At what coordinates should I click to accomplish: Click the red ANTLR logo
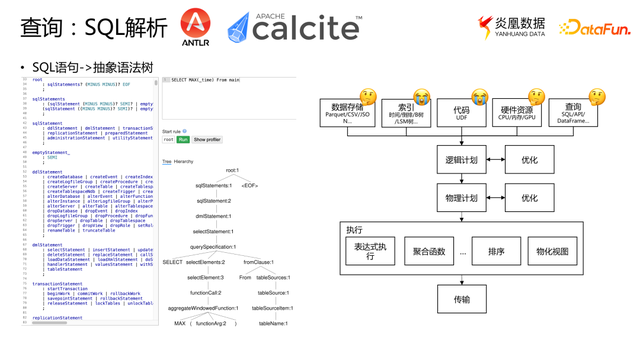[x=196, y=28]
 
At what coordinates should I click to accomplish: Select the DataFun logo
[x=594, y=28]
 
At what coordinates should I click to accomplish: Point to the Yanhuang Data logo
[x=512, y=28]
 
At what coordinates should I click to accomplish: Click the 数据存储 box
[x=347, y=113]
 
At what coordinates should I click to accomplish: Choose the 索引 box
[x=406, y=113]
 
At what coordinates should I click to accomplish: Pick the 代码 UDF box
[x=461, y=113]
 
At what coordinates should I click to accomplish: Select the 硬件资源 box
[x=517, y=113]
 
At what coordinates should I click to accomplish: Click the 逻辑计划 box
[x=461, y=160]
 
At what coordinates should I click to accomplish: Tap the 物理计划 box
[x=461, y=198]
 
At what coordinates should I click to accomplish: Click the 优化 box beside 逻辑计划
[x=529, y=160]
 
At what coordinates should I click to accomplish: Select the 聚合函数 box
[x=430, y=252]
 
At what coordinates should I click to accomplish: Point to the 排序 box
[x=496, y=252]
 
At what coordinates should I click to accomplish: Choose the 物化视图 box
[x=552, y=252]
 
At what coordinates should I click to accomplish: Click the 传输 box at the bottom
[x=461, y=299]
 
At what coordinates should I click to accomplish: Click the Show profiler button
[x=207, y=140]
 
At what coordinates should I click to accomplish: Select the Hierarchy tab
[x=184, y=161]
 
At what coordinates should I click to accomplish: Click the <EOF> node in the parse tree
[x=249, y=185]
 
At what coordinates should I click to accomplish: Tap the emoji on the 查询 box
[x=596, y=98]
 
